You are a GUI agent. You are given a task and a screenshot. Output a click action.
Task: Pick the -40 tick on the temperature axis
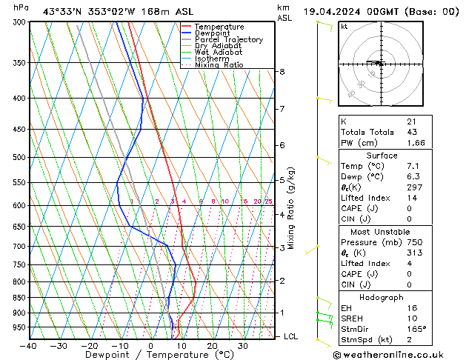coord(29,346)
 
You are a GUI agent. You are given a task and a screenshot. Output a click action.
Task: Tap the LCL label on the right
coord(292,336)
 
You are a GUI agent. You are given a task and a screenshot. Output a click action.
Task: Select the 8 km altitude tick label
coord(282,72)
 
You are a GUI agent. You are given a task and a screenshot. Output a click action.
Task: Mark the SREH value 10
coord(412,319)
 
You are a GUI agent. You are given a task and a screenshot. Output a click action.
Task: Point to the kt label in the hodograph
coord(344,26)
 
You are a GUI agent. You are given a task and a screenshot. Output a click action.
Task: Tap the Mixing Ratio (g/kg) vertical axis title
coord(291,207)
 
